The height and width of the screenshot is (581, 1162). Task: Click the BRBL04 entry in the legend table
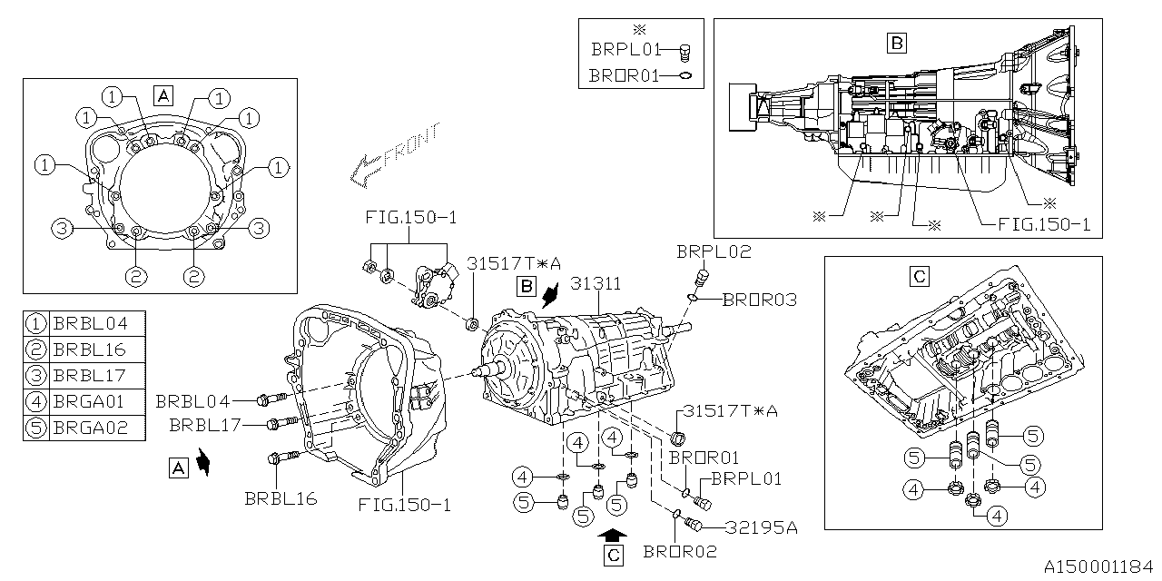click(x=90, y=324)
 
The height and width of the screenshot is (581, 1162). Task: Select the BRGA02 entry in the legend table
click(x=90, y=428)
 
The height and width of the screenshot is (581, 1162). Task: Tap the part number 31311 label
click(x=596, y=284)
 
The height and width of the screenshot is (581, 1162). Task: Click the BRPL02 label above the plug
click(x=714, y=252)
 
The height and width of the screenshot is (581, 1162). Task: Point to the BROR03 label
click(x=760, y=300)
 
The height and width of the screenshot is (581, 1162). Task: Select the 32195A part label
click(x=761, y=527)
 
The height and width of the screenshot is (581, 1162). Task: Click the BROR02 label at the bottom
click(x=680, y=552)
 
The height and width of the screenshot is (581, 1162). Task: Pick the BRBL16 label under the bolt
click(x=281, y=499)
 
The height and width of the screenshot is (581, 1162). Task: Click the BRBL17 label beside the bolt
click(x=205, y=426)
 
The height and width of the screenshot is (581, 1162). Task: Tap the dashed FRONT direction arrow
click(x=394, y=154)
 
